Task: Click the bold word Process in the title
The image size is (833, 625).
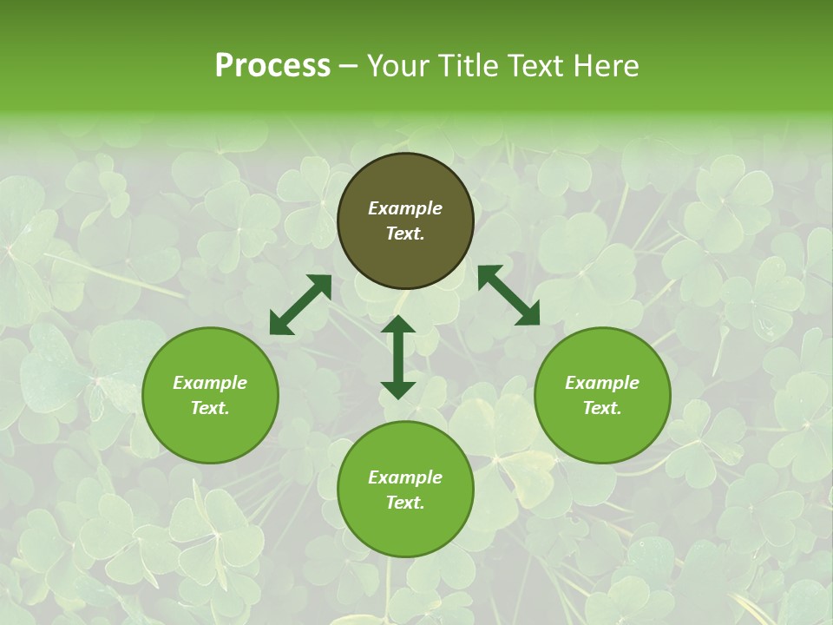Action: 272,66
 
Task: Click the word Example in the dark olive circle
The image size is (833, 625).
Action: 405,208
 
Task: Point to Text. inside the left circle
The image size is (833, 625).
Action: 210,408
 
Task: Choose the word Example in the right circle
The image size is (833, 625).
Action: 602,383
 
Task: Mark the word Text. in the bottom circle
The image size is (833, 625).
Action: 405,503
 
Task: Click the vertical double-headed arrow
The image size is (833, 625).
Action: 398,357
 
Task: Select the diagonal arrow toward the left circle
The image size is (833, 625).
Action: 300,305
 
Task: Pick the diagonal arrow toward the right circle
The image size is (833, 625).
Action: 508,296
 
